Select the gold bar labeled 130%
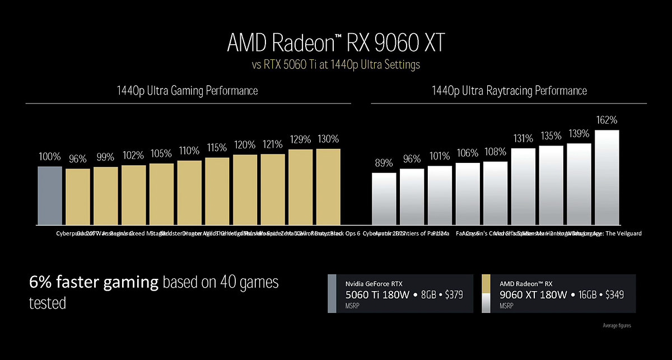tap(328, 187)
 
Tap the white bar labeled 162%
tap(607, 177)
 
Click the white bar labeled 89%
tap(384, 199)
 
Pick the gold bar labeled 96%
tap(77, 197)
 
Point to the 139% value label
tap(579, 134)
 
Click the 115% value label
tap(217, 148)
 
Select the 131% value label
tap(524, 139)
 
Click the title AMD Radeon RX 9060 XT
tap(335, 43)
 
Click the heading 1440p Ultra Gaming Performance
tap(188, 90)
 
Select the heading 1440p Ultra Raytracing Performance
tap(509, 90)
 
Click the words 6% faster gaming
tap(94, 283)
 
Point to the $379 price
tap(451, 295)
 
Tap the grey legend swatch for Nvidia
tap(332, 293)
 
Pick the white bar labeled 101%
tap(440, 195)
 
